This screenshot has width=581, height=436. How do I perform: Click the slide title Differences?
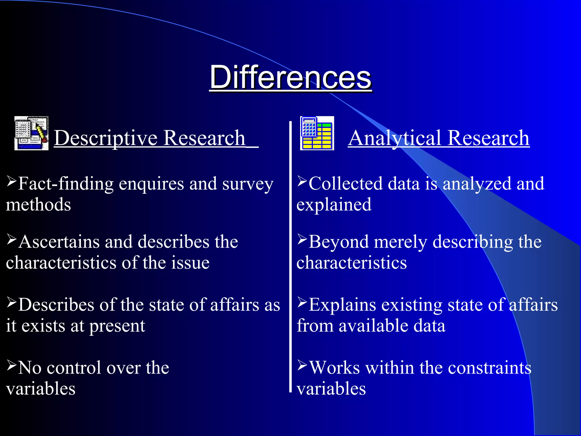tap(290, 77)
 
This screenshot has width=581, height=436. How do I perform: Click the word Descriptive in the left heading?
tap(106, 138)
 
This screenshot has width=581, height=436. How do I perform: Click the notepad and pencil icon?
tap(31, 133)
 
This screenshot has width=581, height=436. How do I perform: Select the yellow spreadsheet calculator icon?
tap(317, 133)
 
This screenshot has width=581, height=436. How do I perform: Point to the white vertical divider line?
tap(290, 255)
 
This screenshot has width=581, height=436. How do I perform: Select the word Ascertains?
tap(59, 242)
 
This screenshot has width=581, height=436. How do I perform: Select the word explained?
tap(334, 205)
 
